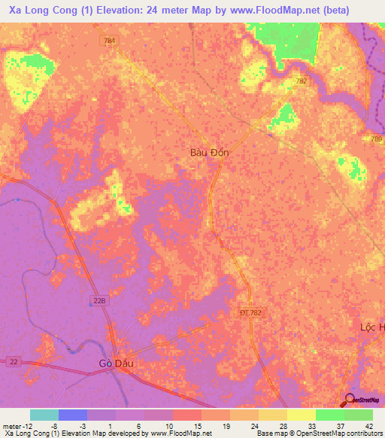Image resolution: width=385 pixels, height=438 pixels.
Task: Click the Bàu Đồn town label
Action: click(x=209, y=152)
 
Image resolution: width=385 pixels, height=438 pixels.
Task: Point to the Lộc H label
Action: click(x=371, y=327)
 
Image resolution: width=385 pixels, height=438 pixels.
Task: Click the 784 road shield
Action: click(x=111, y=40)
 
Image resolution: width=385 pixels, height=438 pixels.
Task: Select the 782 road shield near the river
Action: click(x=302, y=81)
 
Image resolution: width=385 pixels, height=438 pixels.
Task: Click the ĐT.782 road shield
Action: click(x=250, y=312)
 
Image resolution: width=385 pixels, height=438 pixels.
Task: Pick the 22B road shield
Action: click(x=102, y=300)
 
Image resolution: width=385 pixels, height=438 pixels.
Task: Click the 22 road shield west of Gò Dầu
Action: click(x=14, y=363)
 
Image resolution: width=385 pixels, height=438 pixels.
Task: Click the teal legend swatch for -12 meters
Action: click(x=44, y=415)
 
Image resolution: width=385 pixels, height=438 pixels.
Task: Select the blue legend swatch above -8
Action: click(x=73, y=415)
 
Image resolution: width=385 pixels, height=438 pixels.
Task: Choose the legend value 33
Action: click(x=311, y=426)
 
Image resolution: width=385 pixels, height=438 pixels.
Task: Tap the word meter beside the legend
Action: click(x=13, y=426)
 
